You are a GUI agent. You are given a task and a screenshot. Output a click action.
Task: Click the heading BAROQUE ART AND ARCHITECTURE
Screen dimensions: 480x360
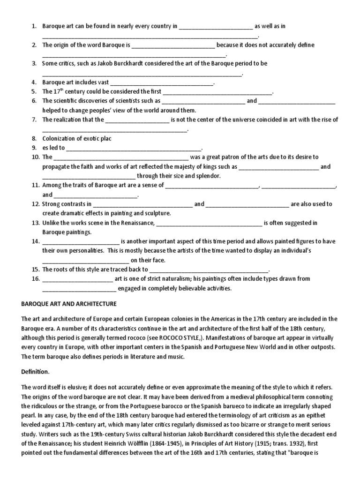(69, 304)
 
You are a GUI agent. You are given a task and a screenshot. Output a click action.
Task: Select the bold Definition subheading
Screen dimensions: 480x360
(35, 372)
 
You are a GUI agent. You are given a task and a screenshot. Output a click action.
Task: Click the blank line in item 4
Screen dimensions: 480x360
(162, 83)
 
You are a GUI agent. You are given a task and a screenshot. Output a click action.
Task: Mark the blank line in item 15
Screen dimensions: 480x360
(209, 270)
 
